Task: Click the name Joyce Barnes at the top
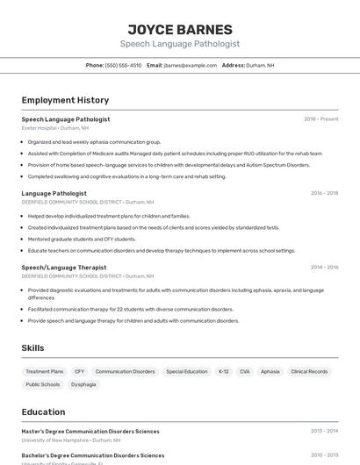click(180, 29)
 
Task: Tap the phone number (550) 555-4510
click(123, 65)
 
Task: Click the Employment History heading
click(65, 101)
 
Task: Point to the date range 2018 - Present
click(320, 119)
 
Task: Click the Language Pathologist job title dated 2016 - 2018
click(54, 193)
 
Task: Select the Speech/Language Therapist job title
click(63, 268)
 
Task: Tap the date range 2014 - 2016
click(324, 268)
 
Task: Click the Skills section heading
click(32, 348)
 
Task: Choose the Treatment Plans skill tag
click(45, 371)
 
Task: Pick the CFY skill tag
click(79, 371)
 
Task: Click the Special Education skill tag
click(186, 371)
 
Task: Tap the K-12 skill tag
click(223, 371)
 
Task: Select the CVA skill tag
click(244, 371)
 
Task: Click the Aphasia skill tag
click(270, 371)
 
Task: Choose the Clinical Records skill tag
click(309, 371)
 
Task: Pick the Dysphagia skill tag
click(83, 384)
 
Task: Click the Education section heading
click(43, 411)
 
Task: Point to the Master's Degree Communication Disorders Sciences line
click(90, 431)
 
